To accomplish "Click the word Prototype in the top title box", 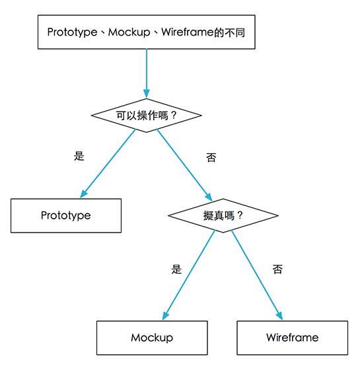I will [72, 32].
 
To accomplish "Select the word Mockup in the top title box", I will [128, 32].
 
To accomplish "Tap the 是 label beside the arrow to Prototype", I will [79, 156].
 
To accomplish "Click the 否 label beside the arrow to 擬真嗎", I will [211, 158].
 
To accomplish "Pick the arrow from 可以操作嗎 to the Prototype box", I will [109, 163].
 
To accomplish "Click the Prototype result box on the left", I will [66, 215].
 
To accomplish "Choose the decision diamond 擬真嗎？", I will [223, 215].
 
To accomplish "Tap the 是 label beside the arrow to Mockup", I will [176, 269].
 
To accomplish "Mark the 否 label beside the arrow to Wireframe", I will [277, 269].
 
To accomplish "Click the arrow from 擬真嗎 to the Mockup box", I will [189, 274].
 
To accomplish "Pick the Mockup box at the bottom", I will [152, 338].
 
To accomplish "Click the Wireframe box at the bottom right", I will [292, 338].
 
